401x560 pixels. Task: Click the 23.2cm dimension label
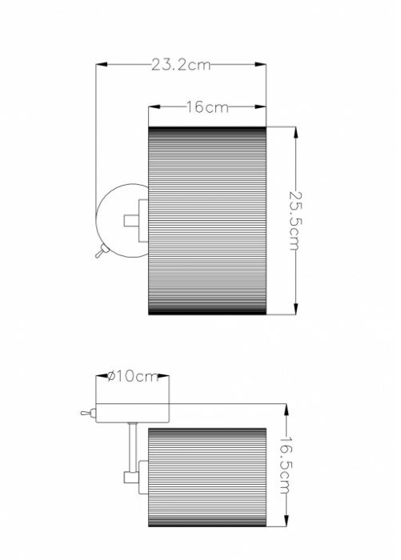pyautogui.click(x=181, y=65)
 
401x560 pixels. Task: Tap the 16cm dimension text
pyautogui.click(x=207, y=107)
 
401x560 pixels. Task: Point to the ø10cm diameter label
pyautogui.click(x=133, y=377)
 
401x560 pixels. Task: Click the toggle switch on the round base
pyautogui.click(x=98, y=253)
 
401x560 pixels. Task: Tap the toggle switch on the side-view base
pyautogui.click(x=86, y=414)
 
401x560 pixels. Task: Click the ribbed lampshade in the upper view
pyautogui.click(x=207, y=221)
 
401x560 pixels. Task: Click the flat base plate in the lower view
pyautogui.click(x=131, y=413)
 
